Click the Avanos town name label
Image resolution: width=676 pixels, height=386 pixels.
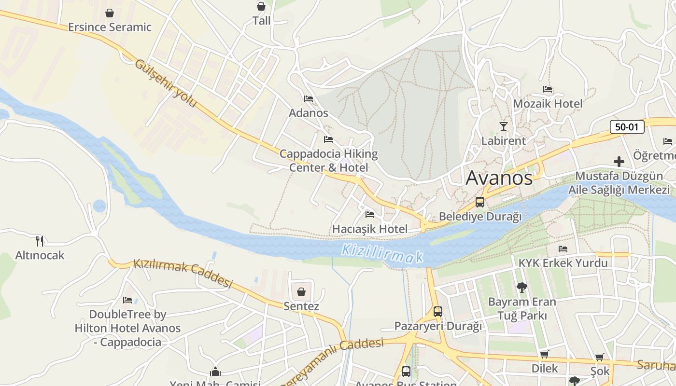tap(499, 178)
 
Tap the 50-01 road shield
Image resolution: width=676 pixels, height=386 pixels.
tap(627, 127)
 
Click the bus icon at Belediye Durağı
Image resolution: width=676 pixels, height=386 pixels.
tap(480, 202)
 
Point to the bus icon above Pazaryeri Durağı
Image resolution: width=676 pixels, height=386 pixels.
tap(438, 312)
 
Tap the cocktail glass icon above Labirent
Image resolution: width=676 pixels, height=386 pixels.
tap(504, 126)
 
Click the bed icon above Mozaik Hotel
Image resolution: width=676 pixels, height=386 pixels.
tap(548, 89)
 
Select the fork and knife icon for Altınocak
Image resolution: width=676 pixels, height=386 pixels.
tap(40, 241)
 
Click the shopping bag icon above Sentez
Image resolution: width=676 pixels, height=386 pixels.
tap(301, 292)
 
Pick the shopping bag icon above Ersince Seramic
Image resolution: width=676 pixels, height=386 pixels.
tap(110, 13)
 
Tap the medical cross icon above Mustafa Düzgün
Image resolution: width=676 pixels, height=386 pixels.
tap(619, 162)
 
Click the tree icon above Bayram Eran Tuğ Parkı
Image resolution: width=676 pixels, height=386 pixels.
tap(521, 288)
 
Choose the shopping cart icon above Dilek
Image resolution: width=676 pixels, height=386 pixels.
tap(545, 355)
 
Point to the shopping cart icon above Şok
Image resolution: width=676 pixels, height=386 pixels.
tap(599, 358)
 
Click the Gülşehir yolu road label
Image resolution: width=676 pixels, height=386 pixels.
tap(166, 83)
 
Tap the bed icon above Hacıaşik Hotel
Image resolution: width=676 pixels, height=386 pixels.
tap(370, 214)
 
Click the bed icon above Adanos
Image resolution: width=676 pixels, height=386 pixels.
tap(309, 99)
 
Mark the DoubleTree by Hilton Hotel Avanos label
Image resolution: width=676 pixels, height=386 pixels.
tap(127, 328)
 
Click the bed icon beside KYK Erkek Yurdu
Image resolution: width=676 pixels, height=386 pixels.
tap(563, 249)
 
